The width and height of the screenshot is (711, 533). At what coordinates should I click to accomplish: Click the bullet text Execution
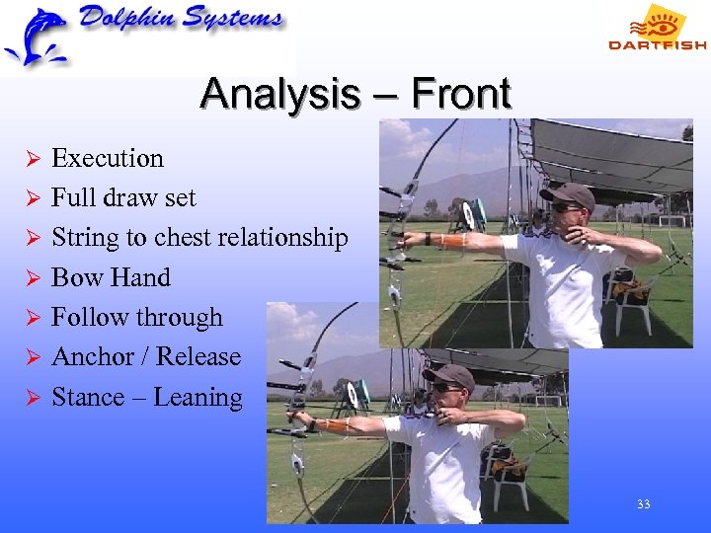107,159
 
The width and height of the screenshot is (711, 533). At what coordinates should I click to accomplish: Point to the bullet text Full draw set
123,198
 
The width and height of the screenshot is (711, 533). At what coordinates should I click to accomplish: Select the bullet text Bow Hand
111,278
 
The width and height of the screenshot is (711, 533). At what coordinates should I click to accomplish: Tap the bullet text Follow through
136,318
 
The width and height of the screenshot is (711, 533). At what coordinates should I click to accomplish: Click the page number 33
643,504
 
